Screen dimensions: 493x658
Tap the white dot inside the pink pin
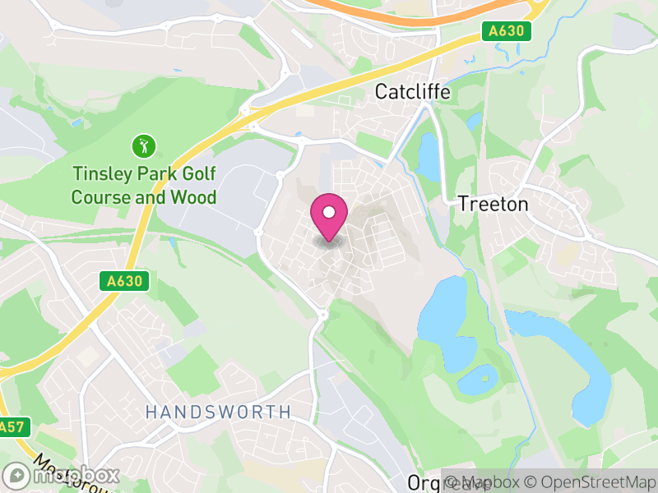(329, 213)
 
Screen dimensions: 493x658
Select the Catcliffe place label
(412, 91)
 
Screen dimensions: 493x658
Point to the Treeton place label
(493, 204)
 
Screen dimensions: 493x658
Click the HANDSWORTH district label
(218, 412)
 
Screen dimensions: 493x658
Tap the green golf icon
(143, 148)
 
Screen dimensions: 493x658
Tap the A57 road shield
(10, 427)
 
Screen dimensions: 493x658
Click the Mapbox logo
(62, 476)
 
